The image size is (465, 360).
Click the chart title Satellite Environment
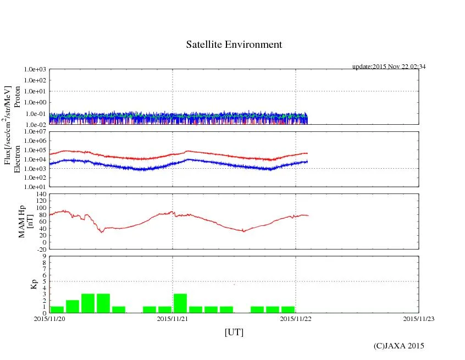[234, 45]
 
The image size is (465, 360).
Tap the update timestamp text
[389, 67]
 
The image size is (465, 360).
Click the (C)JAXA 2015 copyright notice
[398, 346]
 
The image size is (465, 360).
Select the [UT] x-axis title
[234, 332]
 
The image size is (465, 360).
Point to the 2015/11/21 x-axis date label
[173, 318]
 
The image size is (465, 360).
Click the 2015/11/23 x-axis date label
[419, 318]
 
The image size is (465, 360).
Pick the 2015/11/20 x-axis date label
[49, 318]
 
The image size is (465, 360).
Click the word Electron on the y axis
[17, 159]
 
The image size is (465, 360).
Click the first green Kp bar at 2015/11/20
[57, 309]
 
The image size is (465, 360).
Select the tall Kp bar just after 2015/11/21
[180, 303]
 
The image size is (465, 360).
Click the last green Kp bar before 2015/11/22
[287, 309]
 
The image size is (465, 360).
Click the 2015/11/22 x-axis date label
[296, 318]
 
